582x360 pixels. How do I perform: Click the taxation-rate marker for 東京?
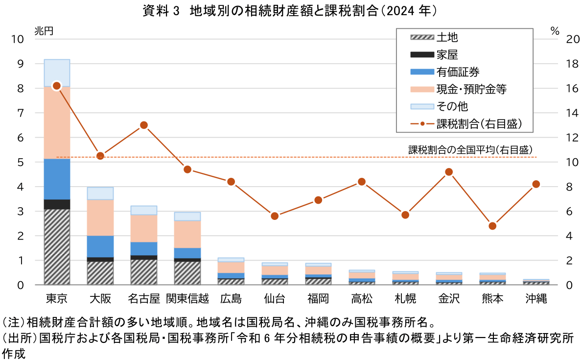click(57, 86)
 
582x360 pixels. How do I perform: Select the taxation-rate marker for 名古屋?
click(144, 125)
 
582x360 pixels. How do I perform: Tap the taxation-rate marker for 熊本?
click(492, 226)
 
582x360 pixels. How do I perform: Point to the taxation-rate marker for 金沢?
click(449, 172)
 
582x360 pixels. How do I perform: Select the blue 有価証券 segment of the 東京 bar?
click(57, 179)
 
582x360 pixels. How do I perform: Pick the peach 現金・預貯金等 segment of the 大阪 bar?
click(100, 217)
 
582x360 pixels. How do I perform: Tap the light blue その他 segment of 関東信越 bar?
click(187, 216)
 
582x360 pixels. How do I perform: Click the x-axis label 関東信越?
click(187, 299)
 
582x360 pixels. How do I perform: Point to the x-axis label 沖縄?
click(536, 299)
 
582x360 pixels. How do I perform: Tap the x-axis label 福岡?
click(318, 299)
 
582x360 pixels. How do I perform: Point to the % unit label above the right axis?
click(555, 30)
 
